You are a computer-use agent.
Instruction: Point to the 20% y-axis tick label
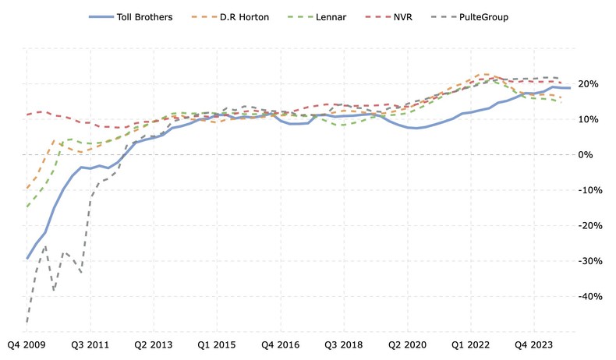coord(591,84)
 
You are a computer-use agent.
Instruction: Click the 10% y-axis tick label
coord(591,119)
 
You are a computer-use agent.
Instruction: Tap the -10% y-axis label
coord(589,190)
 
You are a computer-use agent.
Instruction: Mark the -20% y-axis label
coord(589,226)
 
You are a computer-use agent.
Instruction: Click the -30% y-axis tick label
coord(589,261)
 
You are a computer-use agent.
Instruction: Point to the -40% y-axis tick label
coord(589,297)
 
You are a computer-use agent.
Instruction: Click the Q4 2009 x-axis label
coord(26,344)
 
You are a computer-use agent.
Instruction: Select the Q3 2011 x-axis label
coord(90,344)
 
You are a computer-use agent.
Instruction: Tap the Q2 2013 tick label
coord(153,344)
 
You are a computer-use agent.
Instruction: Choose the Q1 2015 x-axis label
coord(216,344)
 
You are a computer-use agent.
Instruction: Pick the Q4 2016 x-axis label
coord(280,344)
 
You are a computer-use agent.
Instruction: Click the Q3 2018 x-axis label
coord(343,344)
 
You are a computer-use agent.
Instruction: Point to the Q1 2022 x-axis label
coord(470,344)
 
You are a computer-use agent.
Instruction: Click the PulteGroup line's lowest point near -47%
coord(27,321)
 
